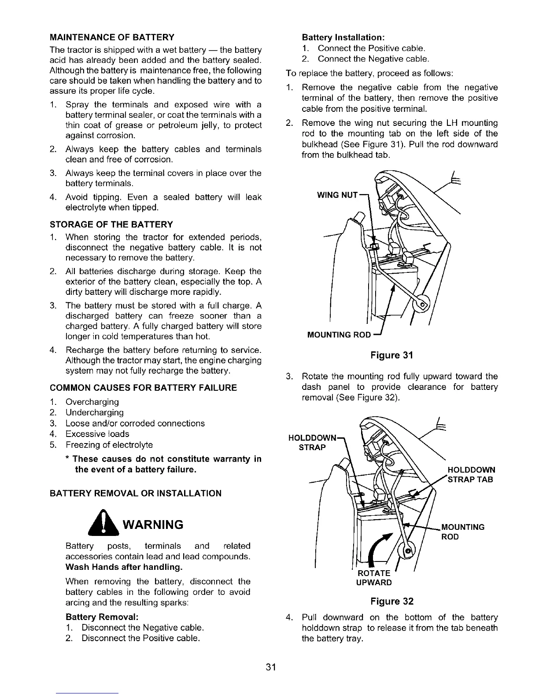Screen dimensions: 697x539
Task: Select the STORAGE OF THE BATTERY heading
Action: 111,225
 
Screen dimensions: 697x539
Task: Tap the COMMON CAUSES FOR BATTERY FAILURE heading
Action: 144,388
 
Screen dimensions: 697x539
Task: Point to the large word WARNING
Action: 152,525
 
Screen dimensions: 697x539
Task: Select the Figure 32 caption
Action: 392,602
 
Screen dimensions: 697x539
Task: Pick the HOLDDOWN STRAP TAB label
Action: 471,475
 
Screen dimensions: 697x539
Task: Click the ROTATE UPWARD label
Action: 374,578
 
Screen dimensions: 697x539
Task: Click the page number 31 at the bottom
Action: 270,667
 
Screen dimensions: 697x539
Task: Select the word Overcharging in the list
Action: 92,402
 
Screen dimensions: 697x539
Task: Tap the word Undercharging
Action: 94,413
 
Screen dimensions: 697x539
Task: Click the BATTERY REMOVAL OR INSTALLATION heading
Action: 136,493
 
